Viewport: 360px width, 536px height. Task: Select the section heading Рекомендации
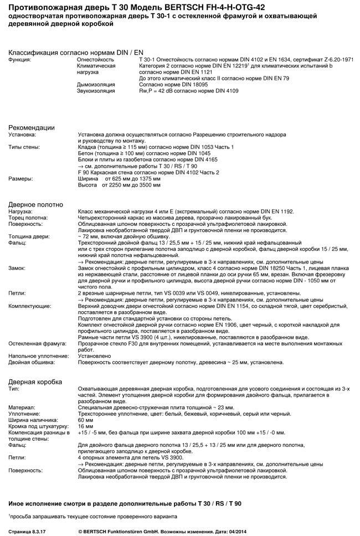click(32, 127)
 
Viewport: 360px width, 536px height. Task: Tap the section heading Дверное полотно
click(35, 204)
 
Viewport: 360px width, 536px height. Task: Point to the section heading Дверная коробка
click(35, 382)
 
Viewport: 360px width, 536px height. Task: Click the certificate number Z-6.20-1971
click(336, 59)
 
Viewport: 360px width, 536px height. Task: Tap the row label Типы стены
click(24, 147)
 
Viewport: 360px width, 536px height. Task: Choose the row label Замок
click(17, 268)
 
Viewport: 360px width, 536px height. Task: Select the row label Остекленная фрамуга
click(36, 344)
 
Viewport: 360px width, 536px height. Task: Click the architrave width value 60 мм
click(86, 420)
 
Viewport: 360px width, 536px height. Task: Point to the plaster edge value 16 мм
click(86, 426)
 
